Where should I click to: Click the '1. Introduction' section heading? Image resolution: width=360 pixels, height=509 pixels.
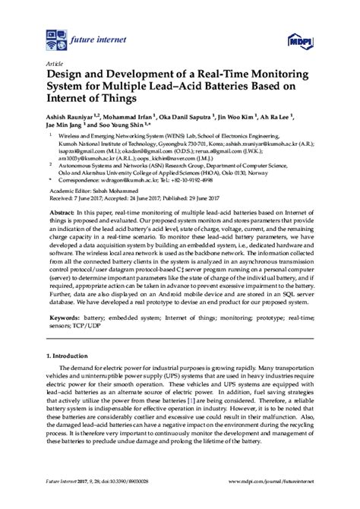coord(73,398)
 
